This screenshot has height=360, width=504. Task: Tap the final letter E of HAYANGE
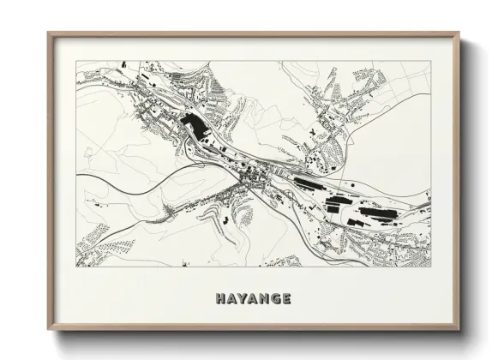point(286,299)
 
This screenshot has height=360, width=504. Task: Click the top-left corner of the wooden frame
point(48,33)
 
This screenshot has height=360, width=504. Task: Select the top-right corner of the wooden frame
point(460,33)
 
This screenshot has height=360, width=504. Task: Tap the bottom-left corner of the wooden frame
point(48,331)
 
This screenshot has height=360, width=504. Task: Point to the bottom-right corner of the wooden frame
point(460,331)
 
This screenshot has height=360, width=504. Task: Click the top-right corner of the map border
point(431,61)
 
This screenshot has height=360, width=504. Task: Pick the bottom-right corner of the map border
point(431,267)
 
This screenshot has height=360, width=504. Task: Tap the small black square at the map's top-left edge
point(123,64)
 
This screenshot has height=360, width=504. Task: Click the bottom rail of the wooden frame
point(254,329)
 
